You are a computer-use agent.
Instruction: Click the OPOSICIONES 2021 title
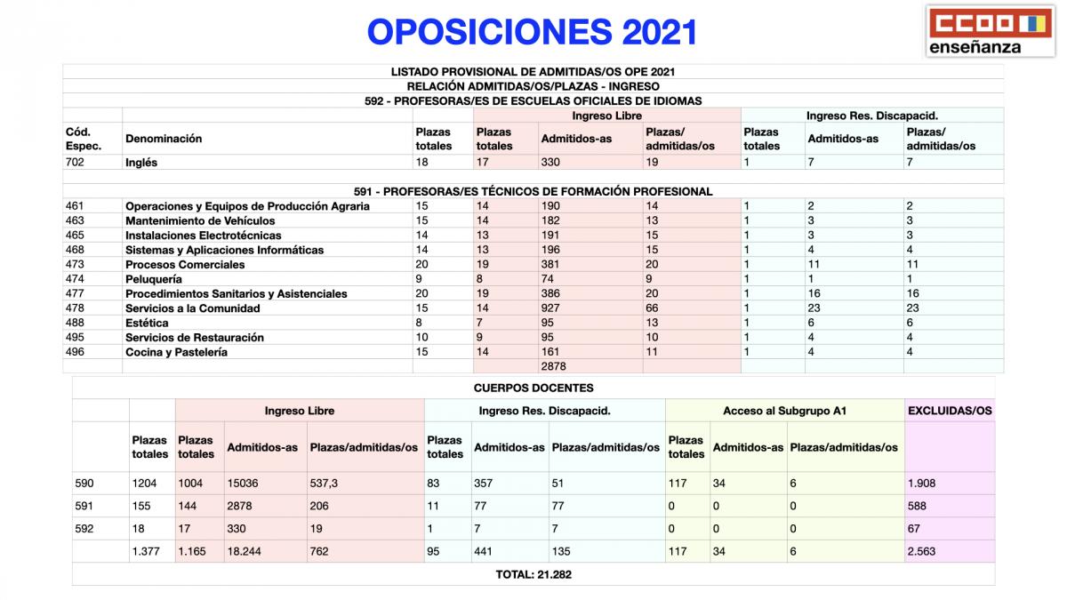pyautogui.click(x=532, y=32)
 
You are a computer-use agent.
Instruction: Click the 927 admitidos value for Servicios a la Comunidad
pyautogui.click(x=551, y=308)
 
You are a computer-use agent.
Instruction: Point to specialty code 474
pyautogui.click(x=75, y=279)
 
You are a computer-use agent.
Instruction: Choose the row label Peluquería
pyautogui.click(x=153, y=279)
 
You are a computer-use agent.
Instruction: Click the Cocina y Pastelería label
pyautogui.click(x=176, y=352)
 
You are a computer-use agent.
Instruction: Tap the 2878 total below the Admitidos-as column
pyautogui.click(x=553, y=366)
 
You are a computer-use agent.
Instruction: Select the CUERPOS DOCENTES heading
pyautogui.click(x=533, y=388)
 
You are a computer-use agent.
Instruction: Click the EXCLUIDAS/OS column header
pyautogui.click(x=949, y=411)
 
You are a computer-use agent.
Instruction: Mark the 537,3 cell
pyautogui.click(x=325, y=484)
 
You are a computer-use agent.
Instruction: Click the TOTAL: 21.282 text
pyautogui.click(x=533, y=574)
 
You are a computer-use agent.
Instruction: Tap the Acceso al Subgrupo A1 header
pyautogui.click(x=784, y=411)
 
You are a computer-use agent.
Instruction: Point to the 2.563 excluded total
pyautogui.click(x=921, y=551)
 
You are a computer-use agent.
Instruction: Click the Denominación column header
pyautogui.click(x=164, y=139)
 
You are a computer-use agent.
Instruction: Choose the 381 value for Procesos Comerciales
pyautogui.click(x=551, y=265)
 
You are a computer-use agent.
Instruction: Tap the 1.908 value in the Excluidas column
pyautogui.click(x=921, y=484)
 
